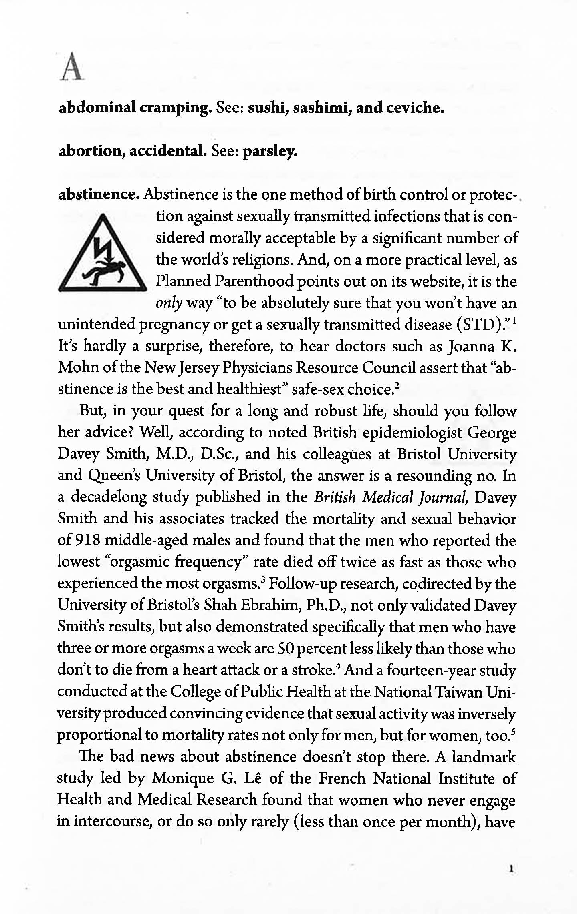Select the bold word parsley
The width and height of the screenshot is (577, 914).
[270, 151]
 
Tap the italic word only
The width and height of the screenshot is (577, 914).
[169, 303]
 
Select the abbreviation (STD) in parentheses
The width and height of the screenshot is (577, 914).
[478, 324]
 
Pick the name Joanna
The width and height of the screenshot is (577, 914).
[470, 346]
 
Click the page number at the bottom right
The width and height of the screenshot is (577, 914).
[512, 869]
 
